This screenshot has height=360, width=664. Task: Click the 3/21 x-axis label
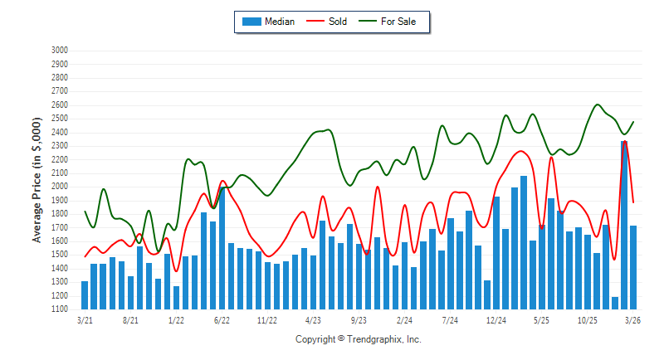(85, 319)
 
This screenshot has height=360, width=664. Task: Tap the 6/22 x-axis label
(222, 319)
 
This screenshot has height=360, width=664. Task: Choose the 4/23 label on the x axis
(313, 319)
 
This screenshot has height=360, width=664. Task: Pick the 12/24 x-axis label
(496, 319)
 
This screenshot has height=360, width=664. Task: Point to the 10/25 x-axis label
(588, 319)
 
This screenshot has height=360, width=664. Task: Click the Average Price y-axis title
(37, 179)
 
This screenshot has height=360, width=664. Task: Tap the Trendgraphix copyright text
(359, 339)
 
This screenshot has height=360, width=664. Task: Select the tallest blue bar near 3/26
(624, 224)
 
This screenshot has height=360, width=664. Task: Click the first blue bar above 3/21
(85, 295)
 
